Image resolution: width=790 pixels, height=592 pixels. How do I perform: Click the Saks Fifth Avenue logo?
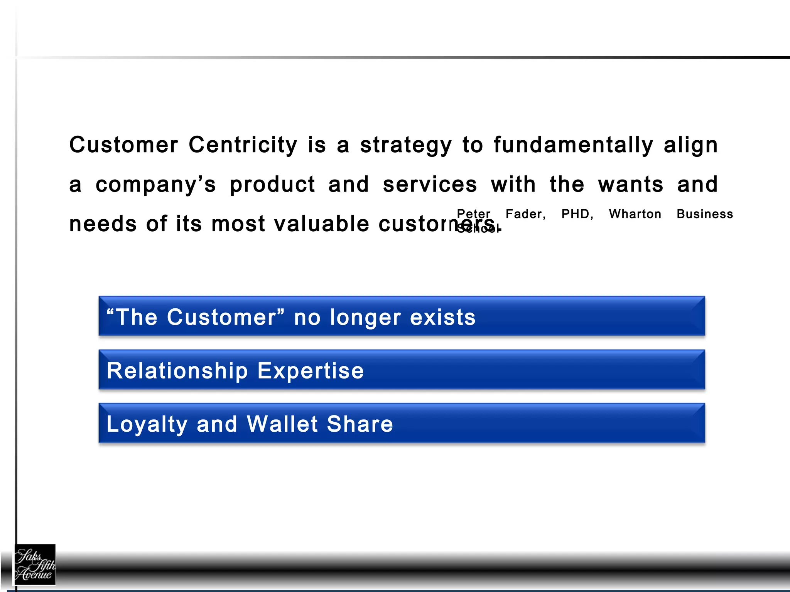point(35,565)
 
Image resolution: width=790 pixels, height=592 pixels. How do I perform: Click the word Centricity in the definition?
point(243,145)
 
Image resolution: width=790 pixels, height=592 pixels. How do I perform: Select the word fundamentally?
point(573,145)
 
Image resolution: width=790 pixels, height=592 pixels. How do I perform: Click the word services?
point(430,185)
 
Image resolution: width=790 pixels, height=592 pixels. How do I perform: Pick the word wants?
point(631,185)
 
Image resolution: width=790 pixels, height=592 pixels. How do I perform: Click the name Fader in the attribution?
point(525,214)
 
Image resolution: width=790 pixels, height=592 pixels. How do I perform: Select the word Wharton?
point(635,214)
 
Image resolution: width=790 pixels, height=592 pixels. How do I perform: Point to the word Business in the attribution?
point(705,214)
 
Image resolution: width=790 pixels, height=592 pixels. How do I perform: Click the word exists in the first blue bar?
point(442,318)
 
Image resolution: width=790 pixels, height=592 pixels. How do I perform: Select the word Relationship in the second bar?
point(177,371)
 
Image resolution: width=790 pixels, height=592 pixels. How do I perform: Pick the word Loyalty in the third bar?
point(147,425)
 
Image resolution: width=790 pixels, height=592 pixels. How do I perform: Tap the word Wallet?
point(282,424)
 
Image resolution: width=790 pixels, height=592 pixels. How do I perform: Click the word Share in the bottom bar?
point(360,424)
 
